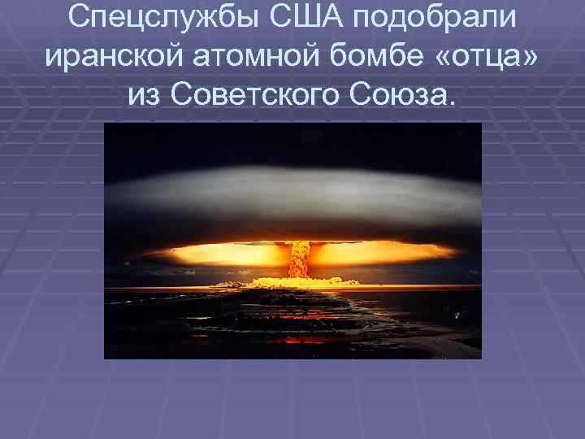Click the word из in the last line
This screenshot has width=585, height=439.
click(x=145, y=96)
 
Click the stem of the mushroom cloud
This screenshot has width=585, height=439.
click(x=301, y=259)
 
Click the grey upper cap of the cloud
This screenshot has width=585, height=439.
click(x=292, y=191)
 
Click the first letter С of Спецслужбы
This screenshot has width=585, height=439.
click(x=80, y=18)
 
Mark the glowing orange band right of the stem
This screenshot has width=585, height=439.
click(x=374, y=254)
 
